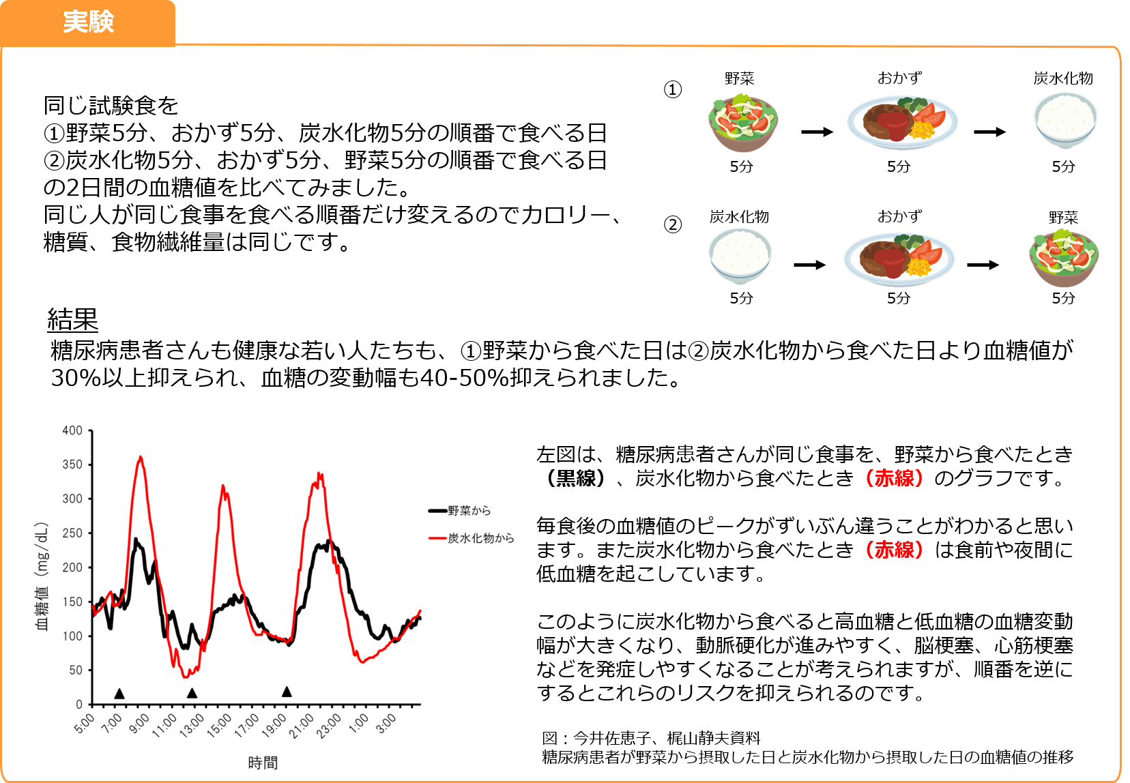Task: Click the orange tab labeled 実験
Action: click(88, 23)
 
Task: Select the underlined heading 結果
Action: click(73, 319)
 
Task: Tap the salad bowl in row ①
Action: click(742, 123)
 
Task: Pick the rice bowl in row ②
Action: click(740, 255)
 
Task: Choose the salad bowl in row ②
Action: click(1064, 258)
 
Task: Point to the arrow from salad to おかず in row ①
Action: click(817, 132)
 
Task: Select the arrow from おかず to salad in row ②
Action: click(983, 265)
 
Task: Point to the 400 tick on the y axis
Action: click(72, 430)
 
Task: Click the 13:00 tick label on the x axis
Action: click(192, 724)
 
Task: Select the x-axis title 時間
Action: click(263, 763)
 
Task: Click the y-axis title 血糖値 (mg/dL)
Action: click(42, 576)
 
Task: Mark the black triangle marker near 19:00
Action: click(287, 692)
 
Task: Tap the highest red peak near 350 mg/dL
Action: click(141, 457)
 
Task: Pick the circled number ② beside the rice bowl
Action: click(673, 224)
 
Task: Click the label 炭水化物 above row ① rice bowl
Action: click(1063, 78)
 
